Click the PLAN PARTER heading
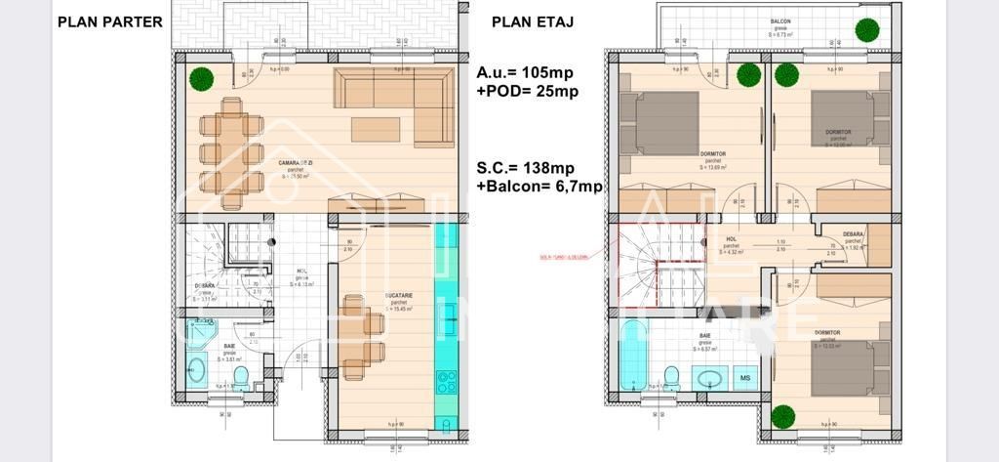click(109, 21)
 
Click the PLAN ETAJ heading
click(532, 21)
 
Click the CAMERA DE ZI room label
click(289, 163)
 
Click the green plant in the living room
click(200, 78)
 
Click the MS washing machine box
click(745, 377)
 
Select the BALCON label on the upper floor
click(779, 21)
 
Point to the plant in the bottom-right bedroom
click(781, 416)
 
